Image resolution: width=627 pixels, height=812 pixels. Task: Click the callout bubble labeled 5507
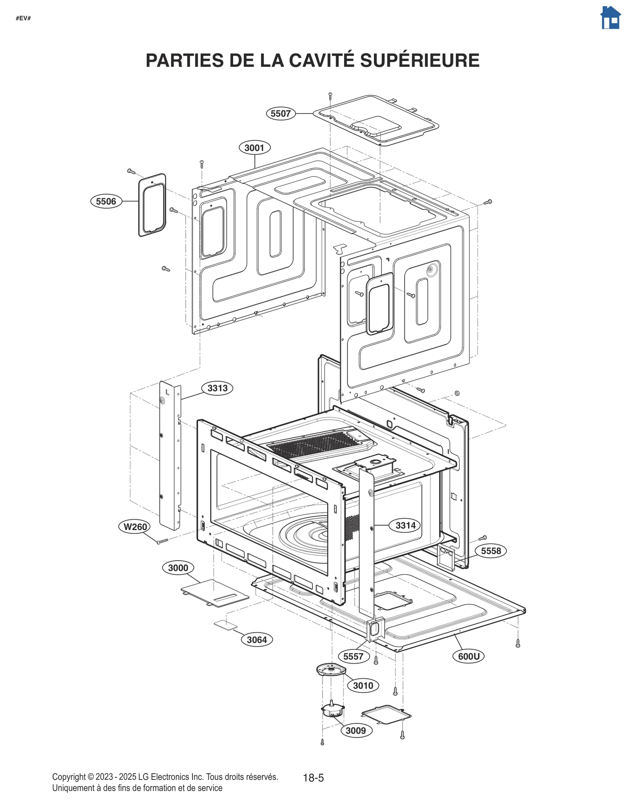tap(281, 114)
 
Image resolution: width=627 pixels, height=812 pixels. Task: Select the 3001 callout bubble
tap(254, 148)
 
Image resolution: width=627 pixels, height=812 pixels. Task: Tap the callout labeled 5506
tap(106, 202)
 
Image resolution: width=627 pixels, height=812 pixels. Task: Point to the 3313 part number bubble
tap(217, 388)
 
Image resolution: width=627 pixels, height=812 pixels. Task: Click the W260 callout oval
tap(135, 527)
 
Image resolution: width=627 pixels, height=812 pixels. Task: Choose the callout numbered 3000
tap(178, 568)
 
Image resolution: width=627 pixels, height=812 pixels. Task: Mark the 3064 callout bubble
tap(257, 640)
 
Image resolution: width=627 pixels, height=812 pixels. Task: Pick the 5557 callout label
tap(353, 656)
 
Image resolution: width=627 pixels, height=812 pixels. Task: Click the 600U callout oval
tap(468, 656)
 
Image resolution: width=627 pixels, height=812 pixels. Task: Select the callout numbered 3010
tap(363, 685)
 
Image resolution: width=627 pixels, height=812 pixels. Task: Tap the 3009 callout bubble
tap(356, 730)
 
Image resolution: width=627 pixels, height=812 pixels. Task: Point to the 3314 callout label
tap(405, 525)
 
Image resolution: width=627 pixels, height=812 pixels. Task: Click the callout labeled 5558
tap(491, 551)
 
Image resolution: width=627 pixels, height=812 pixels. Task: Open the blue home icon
tap(610, 18)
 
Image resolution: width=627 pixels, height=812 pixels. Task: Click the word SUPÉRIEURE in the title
tap(419, 61)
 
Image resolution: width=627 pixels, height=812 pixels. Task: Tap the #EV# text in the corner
tap(23, 18)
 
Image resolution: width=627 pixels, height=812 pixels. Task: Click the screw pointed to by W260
tap(162, 541)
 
